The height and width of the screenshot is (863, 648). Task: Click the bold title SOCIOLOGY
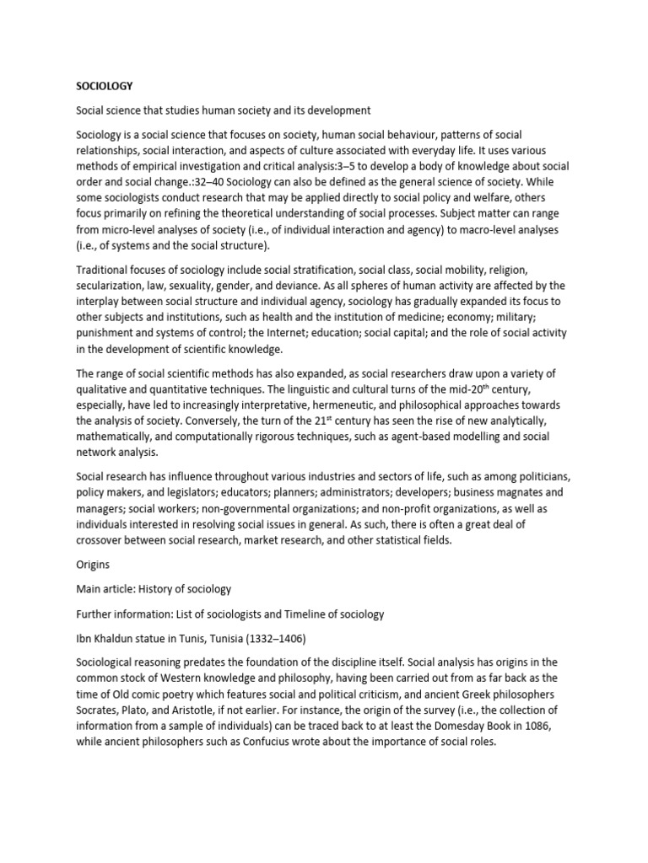105,86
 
